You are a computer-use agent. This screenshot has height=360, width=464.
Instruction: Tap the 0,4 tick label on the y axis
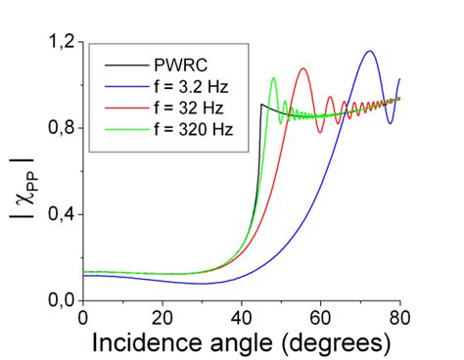coord(60,214)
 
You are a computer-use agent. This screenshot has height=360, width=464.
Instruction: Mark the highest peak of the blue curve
coord(369,51)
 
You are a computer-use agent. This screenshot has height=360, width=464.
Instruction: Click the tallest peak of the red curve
coord(303,68)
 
